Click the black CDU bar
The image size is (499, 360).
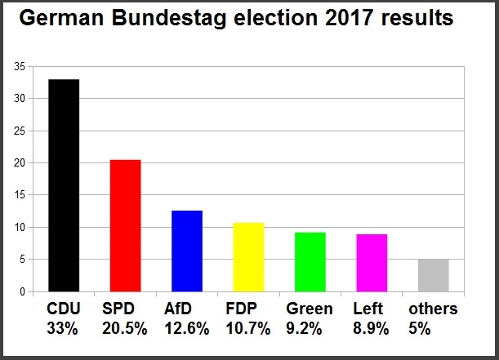pyautogui.click(x=64, y=185)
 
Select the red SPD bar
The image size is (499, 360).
pyautogui.click(x=125, y=226)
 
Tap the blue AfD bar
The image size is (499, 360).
pyautogui.click(x=187, y=251)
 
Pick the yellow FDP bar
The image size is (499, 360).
pyautogui.click(x=248, y=257)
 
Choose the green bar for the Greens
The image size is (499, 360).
pyautogui.click(x=310, y=262)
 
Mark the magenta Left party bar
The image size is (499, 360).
pyautogui.click(x=372, y=263)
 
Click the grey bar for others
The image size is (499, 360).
pyautogui.click(x=433, y=275)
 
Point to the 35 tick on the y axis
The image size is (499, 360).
pyautogui.click(x=20, y=67)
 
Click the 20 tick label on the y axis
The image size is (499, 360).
pyautogui.click(x=20, y=163)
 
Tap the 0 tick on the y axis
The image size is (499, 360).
pyautogui.click(x=23, y=291)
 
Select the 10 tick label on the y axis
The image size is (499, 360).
pyautogui.click(x=20, y=227)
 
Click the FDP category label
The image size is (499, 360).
pyautogui.click(x=243, y=309)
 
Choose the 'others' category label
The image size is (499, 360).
pyautogui.click(x=433, y=309)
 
